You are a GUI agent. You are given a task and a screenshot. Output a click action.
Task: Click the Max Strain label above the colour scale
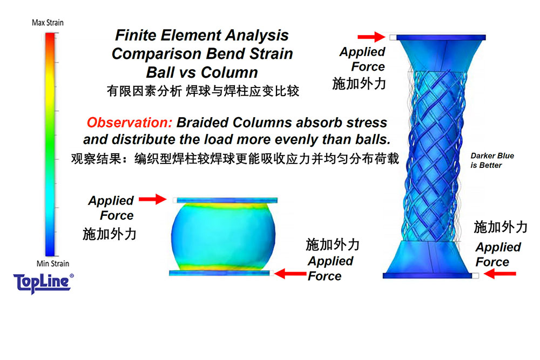coord(48,23)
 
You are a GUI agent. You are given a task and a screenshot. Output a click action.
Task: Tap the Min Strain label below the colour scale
coord(53,263)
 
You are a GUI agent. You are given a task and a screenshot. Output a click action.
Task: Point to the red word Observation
coord(130,123)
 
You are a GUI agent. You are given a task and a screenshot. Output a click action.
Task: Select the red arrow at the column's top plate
coord(372,37)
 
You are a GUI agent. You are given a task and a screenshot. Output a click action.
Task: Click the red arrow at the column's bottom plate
coord(500,274)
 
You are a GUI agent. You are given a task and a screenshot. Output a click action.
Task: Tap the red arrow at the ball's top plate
coord(153,199)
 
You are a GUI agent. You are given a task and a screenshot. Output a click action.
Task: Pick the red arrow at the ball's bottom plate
coord(291,274)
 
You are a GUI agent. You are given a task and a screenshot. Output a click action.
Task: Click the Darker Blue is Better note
coord(492,160)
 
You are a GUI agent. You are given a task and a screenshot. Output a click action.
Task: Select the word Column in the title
coord(230,73)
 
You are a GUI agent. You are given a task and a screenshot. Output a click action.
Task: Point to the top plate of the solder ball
coord(227,200)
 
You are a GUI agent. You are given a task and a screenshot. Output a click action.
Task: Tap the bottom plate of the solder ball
coord(219,273)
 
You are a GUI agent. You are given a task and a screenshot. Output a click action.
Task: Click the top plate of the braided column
coord(441,37)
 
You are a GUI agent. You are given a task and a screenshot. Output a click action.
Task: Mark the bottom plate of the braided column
coord(427,275)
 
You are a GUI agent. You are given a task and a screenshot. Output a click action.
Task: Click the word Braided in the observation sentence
coord(202,123)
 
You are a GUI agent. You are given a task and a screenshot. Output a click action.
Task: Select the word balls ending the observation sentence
coord(373,139)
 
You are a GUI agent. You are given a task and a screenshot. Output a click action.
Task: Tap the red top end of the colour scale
coord(50,36)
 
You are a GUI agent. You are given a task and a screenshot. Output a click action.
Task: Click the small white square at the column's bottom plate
coord(475,275)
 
